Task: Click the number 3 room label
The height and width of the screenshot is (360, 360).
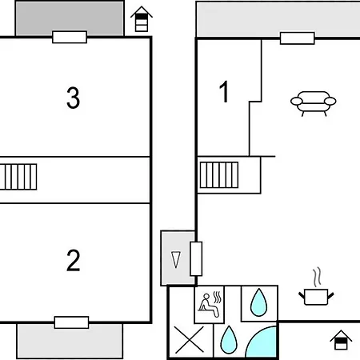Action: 73,98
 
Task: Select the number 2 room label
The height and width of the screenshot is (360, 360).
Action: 73,260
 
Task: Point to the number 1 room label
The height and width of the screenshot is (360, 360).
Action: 224,91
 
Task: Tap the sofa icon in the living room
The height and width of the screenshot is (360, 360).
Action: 313,103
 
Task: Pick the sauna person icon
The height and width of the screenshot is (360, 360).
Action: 210,304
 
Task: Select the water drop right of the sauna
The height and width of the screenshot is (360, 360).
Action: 258,302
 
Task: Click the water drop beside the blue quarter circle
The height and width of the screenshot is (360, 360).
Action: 229,339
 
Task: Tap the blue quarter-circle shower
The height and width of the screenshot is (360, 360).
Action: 262,342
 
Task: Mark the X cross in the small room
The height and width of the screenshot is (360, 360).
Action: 190,339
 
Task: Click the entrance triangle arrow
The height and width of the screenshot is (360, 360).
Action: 176,259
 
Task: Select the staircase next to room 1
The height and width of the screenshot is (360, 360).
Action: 219,175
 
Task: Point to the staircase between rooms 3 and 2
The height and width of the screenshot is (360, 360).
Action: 18,177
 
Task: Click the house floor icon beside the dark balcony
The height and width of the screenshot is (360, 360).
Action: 142,19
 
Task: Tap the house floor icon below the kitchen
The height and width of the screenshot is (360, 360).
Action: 341,340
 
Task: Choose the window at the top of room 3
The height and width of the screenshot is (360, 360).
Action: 70,37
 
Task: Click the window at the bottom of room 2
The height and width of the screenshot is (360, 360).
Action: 71,322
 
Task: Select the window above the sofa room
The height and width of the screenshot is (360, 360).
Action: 298,38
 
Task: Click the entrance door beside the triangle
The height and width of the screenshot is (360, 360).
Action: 196,258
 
